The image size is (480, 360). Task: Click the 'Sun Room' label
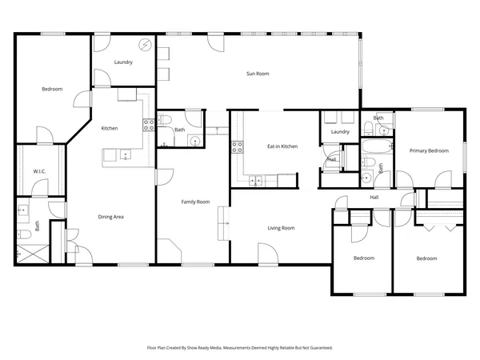pos(257,74)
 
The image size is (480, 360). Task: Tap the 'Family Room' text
pos(195,202)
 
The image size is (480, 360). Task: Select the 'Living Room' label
pos(281,228)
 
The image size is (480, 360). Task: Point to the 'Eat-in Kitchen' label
pos(282,146)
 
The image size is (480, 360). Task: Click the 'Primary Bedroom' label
pos(429,150)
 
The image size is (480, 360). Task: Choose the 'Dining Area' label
pos(110,217)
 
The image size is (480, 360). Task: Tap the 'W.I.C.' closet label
pos(39,171)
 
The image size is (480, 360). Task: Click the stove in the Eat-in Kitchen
pos(237,146)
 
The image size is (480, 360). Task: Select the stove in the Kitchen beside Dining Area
pos(148,124)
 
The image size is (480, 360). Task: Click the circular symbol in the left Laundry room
pos(145,45)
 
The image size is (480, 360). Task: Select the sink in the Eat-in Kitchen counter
pos(256,181)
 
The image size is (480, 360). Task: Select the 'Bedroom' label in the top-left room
pos(52,89)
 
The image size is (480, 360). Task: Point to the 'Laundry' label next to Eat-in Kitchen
pos(340,131)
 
